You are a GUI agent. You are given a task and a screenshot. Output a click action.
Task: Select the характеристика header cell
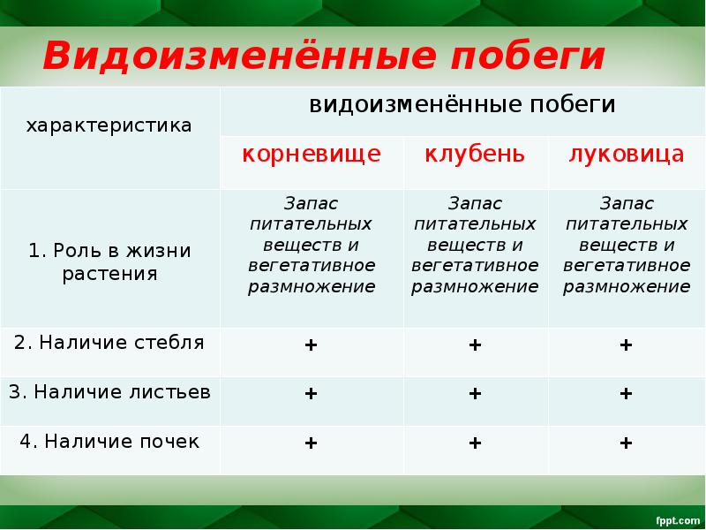tap(109, 125)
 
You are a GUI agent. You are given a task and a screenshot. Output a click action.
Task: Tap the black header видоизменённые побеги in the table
tap(462, 105)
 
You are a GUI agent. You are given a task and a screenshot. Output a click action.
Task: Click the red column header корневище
tap(312, 155)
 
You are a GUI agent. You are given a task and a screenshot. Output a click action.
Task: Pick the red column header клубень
tap(475, 155)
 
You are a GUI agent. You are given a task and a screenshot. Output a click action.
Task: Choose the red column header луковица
tap(626, 155)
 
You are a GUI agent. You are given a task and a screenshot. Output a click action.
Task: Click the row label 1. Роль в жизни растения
tap(109, 261)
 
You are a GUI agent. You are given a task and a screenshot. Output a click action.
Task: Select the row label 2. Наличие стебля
tap(109, 343)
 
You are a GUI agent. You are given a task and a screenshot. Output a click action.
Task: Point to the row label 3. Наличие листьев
tap(109, 392)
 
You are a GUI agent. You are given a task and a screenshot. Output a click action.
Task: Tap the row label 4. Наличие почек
tap(109, 441)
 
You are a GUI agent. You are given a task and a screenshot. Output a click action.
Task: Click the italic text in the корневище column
tap(312, 245)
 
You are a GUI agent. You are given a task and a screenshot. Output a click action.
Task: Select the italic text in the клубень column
tap(475, 245)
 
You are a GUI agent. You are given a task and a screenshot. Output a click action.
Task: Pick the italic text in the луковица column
tap(626, 245)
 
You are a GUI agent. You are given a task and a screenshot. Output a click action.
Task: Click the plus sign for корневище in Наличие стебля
tap(311, 344)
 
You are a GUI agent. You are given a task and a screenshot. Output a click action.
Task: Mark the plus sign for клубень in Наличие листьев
tap(475, 393)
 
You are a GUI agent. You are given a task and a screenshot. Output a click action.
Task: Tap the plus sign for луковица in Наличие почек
tap(626, 443)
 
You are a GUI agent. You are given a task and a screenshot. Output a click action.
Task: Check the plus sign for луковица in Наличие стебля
tap(626, 344)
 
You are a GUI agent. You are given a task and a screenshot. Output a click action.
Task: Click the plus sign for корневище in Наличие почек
tap(311, 443)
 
